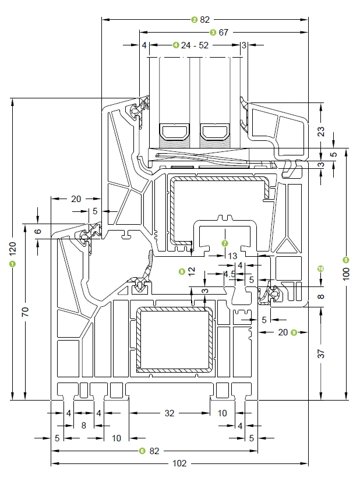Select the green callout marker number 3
coord(213,33)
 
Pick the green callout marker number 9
coord(294,332)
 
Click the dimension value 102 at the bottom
coord(179,463)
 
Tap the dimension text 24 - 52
coord(195,45)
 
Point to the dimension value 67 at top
coord(223,33)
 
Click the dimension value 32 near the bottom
coord(169,413)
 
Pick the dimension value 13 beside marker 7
coord(232,256)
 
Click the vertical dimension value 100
coord(346,273)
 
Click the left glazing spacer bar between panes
coord(176,133)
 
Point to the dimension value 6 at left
coord(38,231)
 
